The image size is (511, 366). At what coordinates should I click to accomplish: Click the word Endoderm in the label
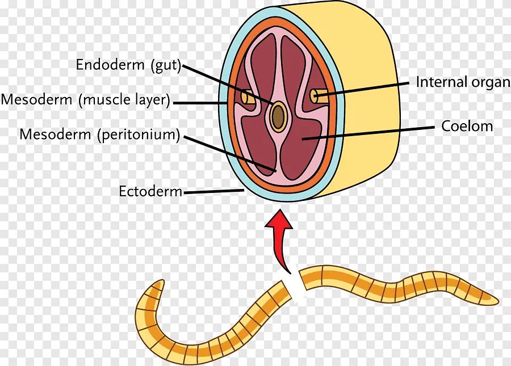tap(111, 65)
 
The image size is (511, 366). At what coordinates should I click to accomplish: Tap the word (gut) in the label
tap(166, 65)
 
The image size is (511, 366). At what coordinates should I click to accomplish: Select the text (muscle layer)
tap(125, 100)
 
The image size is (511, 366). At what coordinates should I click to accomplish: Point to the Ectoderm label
tap(150, 191)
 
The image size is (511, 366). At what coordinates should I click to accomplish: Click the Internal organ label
tap(463, 82)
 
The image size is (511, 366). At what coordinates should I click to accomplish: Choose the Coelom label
tap(467, 126)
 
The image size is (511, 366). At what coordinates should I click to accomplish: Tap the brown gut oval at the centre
tap(278, 116)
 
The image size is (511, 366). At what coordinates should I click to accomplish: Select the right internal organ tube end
tap(314, 96)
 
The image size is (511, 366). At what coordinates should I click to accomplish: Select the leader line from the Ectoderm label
tap(213, 192)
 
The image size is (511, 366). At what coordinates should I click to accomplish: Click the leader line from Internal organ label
tap(363, 88)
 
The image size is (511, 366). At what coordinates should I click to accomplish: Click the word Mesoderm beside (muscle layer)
tap(37, 100)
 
